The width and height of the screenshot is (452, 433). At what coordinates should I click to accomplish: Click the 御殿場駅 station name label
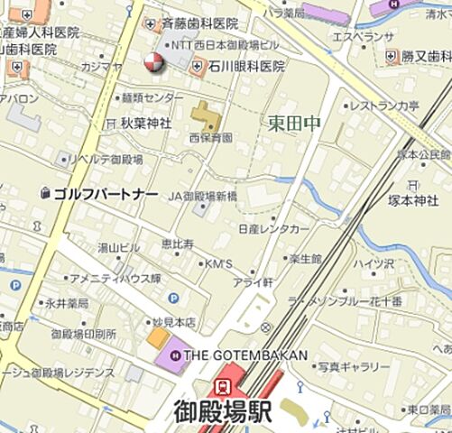click(222, 411)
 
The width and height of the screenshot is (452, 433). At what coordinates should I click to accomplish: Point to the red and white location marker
click(153, 61)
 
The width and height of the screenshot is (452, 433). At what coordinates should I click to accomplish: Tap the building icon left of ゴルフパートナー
click(45, 193)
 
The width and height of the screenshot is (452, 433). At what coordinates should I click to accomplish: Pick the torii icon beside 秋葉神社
click(110, 123)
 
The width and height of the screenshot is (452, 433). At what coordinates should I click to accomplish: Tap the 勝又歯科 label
click(426, 56)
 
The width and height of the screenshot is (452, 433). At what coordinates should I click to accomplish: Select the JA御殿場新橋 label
click(203, 196)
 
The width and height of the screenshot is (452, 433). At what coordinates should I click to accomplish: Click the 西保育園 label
click(210, 138)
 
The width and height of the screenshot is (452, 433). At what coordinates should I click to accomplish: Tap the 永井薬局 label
click(67, 302)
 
